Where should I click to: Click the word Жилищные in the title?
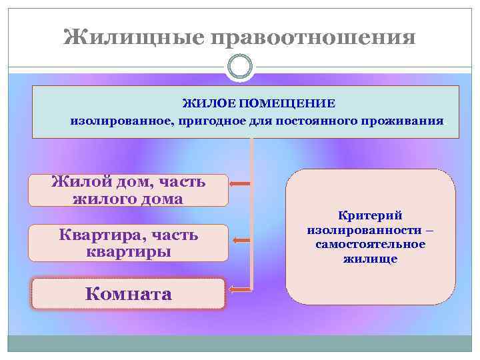[x=133, y=37]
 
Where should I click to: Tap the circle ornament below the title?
[x=240, y=67]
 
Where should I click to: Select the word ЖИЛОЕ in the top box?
[x=210, y=103]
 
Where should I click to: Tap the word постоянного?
[x=303, y=122]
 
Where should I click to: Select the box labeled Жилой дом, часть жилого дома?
[x=128, y=190]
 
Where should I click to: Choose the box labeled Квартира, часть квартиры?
[x=128, y=243]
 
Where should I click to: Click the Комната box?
[x=128, y=294]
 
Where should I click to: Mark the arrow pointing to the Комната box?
[x=240, y=289]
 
